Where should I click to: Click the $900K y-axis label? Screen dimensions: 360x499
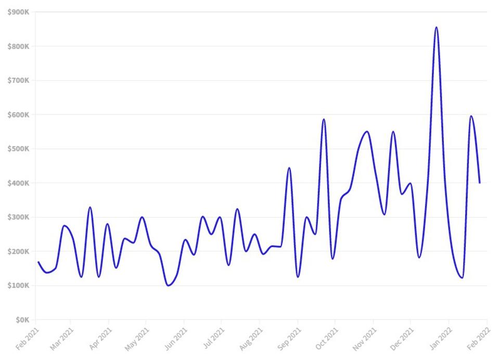point(18,12)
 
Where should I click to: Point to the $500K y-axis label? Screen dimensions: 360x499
point(18,149)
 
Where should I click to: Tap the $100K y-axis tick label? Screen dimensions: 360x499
point(18,286)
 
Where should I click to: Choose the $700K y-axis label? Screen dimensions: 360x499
point(18,81)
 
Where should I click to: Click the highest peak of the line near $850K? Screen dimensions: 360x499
point(436,28)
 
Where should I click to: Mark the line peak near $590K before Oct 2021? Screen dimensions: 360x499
point(324,119)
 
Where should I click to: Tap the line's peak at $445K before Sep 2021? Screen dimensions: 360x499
point(289,168)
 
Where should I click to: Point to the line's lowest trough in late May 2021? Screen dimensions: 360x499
point(168,285)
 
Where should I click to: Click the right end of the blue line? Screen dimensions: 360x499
point(479,183)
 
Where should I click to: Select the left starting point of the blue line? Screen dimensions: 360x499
point(38,262)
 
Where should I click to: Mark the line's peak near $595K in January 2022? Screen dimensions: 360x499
point(471,116)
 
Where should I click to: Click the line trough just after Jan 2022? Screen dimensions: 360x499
point(462,278)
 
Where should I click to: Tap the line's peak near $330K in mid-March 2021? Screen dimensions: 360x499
point(90,207)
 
